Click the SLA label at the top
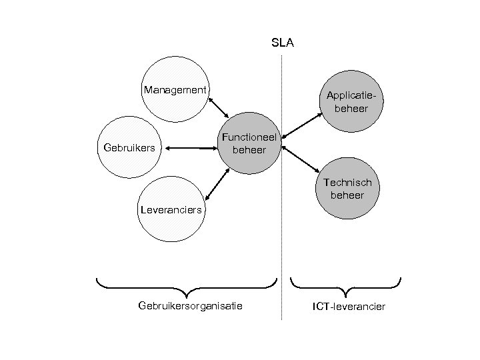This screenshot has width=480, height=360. click(x=283, y=44)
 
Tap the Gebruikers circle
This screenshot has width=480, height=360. click(x=131, y=148)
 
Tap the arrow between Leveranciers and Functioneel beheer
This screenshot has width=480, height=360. click(x=218, y=183)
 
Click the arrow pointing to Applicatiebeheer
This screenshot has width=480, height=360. click(x=301, y=127)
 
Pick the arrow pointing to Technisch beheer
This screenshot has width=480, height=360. click(x=301, y=158)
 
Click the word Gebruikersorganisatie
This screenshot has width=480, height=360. click(x=190, y=306)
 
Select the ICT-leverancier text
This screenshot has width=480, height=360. click(x=349, y=306)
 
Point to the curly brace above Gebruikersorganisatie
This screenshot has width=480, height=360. click(x=187, y=287)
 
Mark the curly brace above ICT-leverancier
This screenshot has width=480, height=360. click(x=346, y=287)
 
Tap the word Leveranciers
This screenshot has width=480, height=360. click(x=170, y=211)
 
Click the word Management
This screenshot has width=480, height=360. click(x=175, y=89)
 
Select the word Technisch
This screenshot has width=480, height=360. click(x=348, y=182)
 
